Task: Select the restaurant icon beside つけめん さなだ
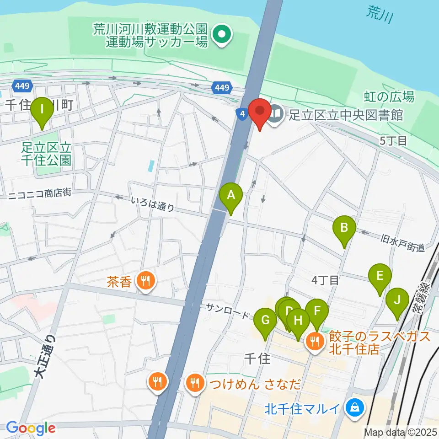(x=195, y=383)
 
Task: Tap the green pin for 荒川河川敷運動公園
(x=222, y=35)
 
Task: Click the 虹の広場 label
(x=389, y=96)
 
